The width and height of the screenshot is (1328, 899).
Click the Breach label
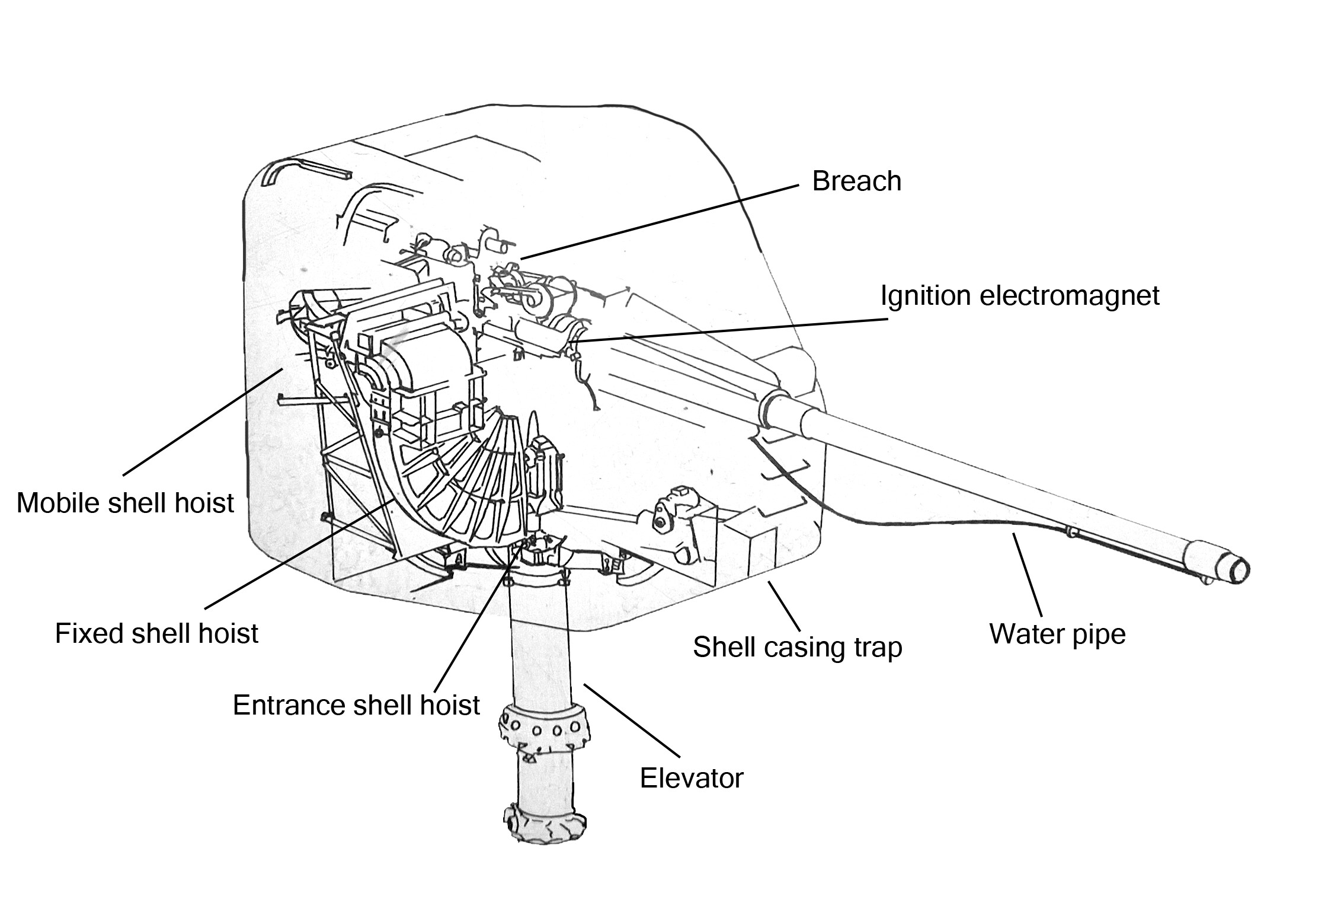[856, 181]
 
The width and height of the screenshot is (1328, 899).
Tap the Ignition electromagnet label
[1019, 295]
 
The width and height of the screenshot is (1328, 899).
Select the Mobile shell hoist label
[125, 503]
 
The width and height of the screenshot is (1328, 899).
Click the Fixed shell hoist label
[156, 633]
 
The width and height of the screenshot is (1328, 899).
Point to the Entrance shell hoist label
[356, 705]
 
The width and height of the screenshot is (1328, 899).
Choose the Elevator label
[691, 777]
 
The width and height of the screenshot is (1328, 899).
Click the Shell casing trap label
[797, 646]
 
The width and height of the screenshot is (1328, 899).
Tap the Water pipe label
[1057, 633]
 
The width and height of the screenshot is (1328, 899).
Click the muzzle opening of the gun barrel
[1239, 570]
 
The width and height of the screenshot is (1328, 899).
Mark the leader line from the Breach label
[658, 222]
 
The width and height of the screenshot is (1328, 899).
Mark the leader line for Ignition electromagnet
[729, 330]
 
